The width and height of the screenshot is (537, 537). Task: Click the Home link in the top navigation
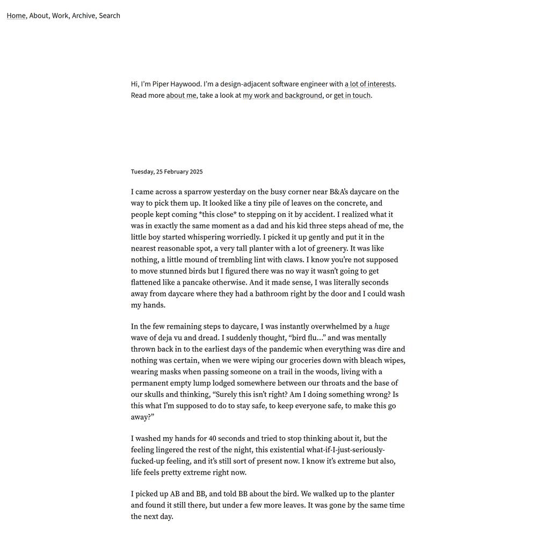click(x=16, y=16)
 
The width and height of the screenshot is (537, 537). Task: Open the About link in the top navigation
click(x=39, y=16)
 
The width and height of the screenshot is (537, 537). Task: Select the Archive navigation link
click(x=83, y=16)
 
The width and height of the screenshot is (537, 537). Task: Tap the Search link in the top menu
click(x=110, y=16)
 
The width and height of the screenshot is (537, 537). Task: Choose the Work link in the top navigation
click(x=60, y=16)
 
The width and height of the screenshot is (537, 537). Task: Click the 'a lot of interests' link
click(x=369, y=84)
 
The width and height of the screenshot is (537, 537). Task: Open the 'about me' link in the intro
click(x=181, y=96)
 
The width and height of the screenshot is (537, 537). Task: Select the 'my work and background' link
click(x=282, y=96)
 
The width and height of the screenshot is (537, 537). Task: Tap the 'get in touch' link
click(x=352, y=96)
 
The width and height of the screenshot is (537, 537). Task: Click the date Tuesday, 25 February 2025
click(x=166, y=172)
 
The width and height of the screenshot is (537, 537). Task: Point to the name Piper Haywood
click(x=177, y=84)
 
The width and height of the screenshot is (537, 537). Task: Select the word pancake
click(x=202, y=282)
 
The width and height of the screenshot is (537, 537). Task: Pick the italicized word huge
click(x=382, y=326)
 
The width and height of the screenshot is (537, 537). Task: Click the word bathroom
click(x=294, y=294)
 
